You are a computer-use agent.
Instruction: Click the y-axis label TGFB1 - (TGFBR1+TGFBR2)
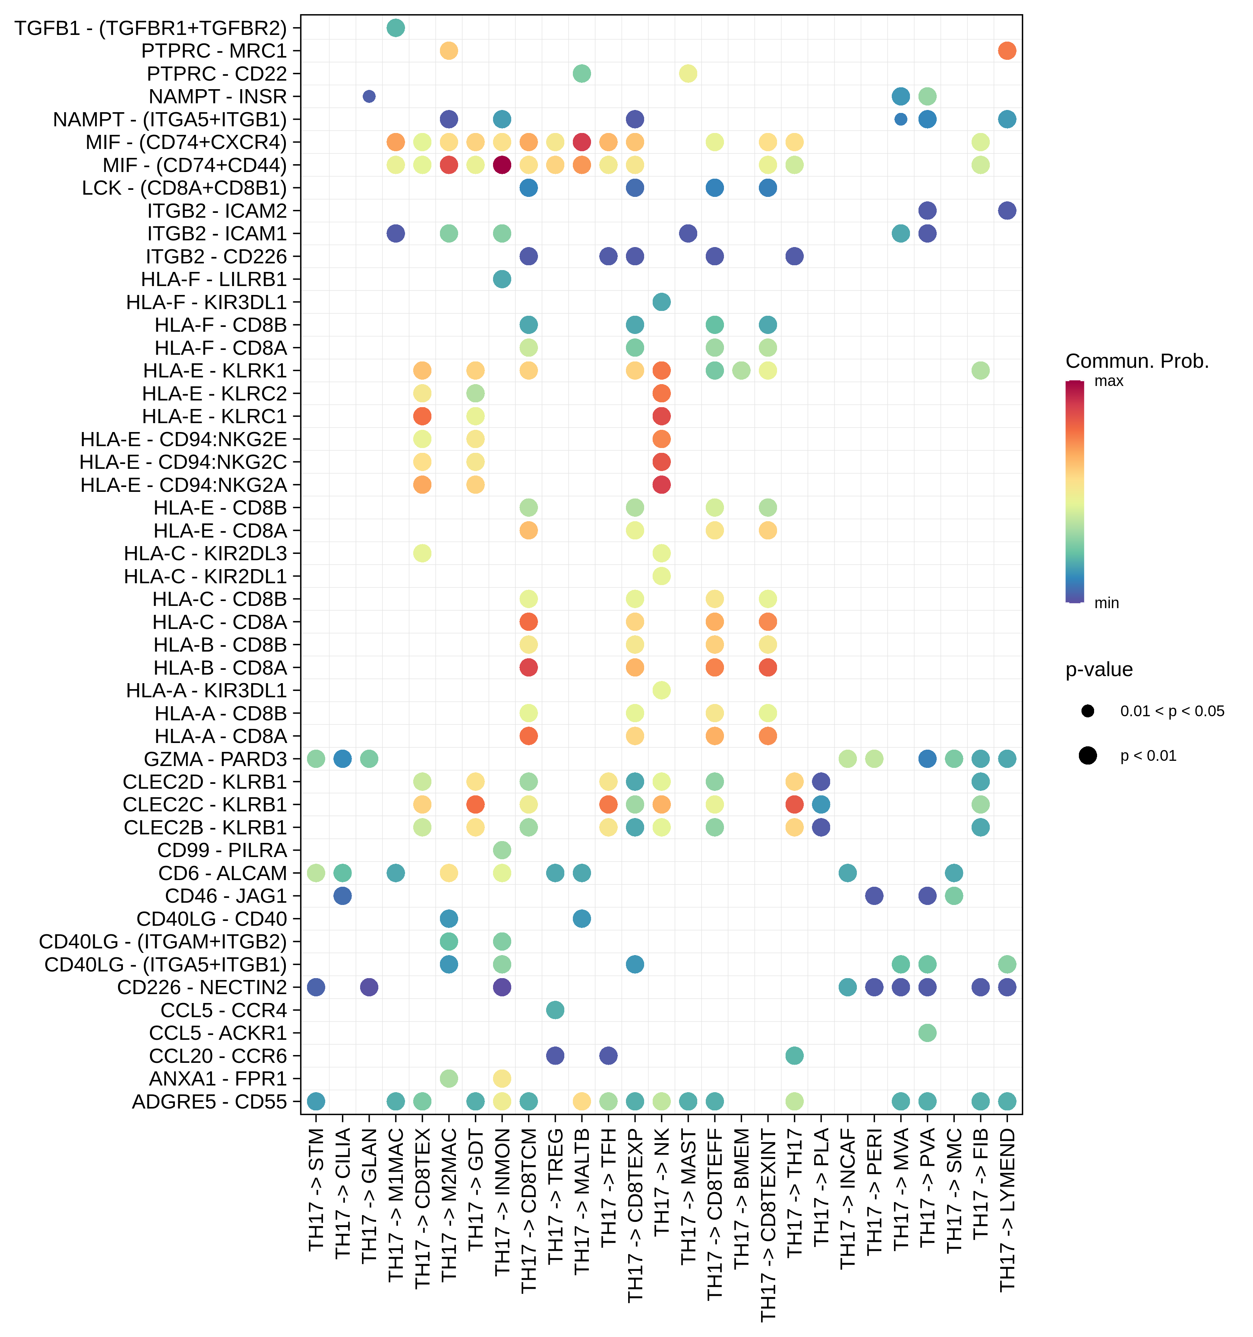click(x=151, y=28)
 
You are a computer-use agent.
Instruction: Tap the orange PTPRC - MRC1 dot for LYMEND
click(x=1006, y=51)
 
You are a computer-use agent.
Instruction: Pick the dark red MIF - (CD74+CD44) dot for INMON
click(x=502, y=165)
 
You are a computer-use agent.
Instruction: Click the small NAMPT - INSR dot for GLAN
click(x=369, y=96)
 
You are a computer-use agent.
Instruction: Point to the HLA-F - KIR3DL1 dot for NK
click(x=662, y=302)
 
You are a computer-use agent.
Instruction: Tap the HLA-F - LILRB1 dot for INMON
click(x=502, y=279)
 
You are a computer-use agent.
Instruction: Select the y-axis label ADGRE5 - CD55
click(x=209, y=1101)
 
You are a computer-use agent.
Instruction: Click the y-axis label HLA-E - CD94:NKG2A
click(x=183, y=485)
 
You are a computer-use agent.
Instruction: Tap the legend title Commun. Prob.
click(x=1137, y=361)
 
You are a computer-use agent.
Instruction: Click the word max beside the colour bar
click(x=1109, y=381)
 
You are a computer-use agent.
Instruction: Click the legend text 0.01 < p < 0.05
click(x=1172, y=711)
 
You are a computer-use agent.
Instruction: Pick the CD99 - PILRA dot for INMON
click(x=502, y=850)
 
